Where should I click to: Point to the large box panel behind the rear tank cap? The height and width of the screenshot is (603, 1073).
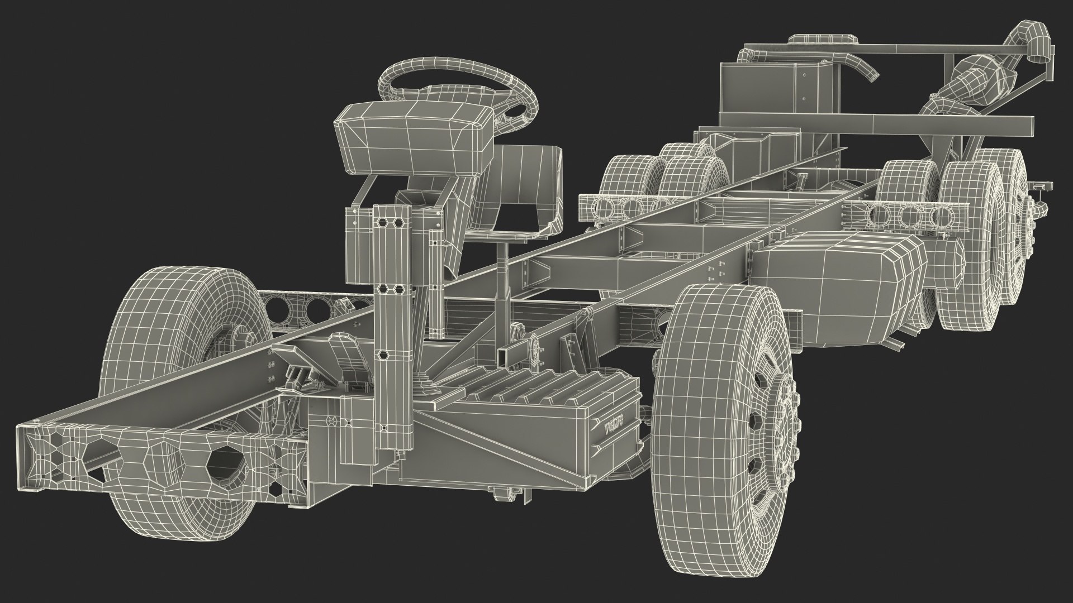[771, 89]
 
